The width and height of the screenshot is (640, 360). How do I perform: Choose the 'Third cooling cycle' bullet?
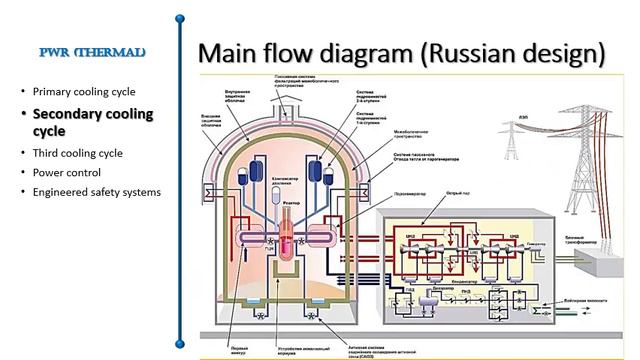(78, 153)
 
